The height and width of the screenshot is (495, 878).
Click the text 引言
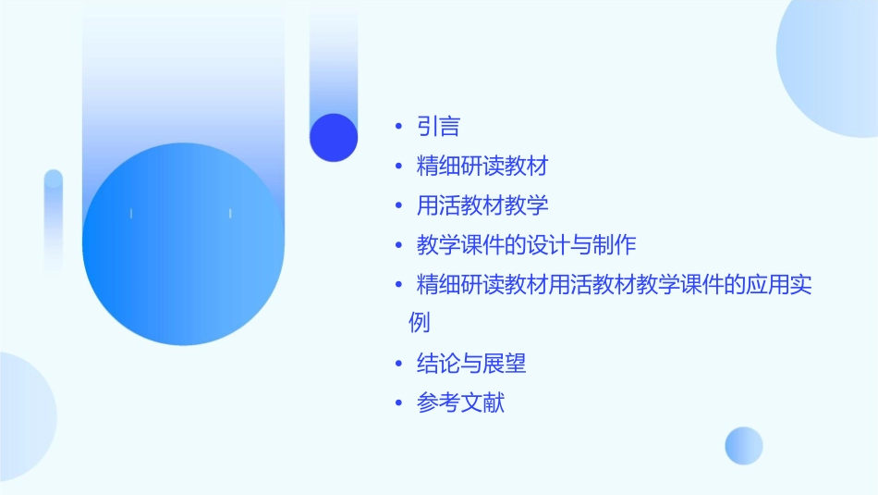click(438, 127)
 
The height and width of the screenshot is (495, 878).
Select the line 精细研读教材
click(482, 167)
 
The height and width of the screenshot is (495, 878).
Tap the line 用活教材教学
click(482, 205)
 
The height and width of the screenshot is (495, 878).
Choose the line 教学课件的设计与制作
click(526, 245)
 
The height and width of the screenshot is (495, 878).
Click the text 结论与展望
click(471, 364)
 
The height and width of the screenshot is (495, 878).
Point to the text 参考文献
click(460, 403)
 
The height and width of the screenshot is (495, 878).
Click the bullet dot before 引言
click(398, 127)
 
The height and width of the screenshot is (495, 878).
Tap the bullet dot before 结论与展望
click(398, 364)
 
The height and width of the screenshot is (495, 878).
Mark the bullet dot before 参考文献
click(398, 403)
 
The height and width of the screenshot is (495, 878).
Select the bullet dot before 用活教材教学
click(398, 205)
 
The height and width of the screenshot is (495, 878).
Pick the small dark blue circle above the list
click(334, 138)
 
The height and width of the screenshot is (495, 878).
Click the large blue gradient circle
click(182, 244)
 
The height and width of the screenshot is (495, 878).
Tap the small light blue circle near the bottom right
click(744, 445)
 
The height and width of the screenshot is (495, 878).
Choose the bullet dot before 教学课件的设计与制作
click(398, 245)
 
